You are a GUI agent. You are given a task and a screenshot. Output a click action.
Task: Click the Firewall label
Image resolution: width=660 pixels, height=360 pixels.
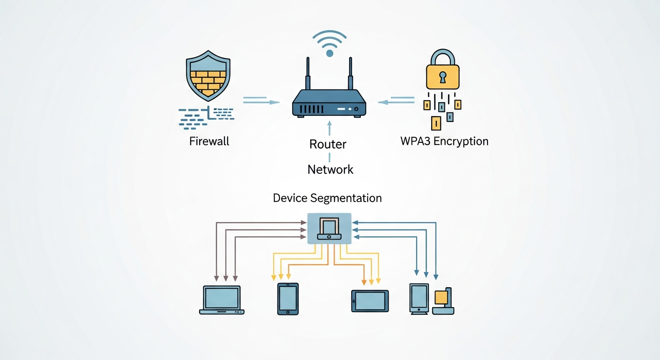click(209, 141)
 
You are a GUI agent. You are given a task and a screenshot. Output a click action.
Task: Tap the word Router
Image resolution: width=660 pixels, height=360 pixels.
click(328, 144)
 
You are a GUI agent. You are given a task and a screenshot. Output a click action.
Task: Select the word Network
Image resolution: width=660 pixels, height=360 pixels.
click(330, 169)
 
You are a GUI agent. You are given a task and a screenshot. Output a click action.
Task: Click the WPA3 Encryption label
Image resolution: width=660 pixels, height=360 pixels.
click(444, 141)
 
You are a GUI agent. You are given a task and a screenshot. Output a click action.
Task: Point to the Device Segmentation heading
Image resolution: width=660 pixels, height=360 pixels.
click(327, 198)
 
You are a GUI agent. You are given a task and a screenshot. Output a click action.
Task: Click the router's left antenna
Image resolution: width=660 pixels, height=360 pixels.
click(308, 74)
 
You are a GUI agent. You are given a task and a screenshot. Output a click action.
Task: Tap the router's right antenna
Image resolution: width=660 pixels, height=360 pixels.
click(350, 74)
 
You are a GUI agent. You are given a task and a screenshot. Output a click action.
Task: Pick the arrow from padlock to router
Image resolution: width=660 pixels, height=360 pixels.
click(397, 101)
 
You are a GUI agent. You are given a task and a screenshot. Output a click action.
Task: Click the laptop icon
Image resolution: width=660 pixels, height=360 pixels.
click(221, 300)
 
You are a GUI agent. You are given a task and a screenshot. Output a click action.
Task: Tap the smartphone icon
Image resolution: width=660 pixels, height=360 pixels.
click(288, 299)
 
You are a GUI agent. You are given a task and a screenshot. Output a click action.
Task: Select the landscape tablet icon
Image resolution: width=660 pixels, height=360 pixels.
click(370, 300)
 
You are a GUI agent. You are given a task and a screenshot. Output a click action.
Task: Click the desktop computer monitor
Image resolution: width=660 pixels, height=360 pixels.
click(419, 297)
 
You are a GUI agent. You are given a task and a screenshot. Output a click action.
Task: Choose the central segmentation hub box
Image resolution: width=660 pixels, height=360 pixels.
click(329, 228)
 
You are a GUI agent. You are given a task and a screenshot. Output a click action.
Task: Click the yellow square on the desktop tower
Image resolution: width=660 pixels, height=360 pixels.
click(441, 297)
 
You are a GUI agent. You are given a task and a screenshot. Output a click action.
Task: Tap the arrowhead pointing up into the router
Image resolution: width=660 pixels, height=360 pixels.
click(329, 124)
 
